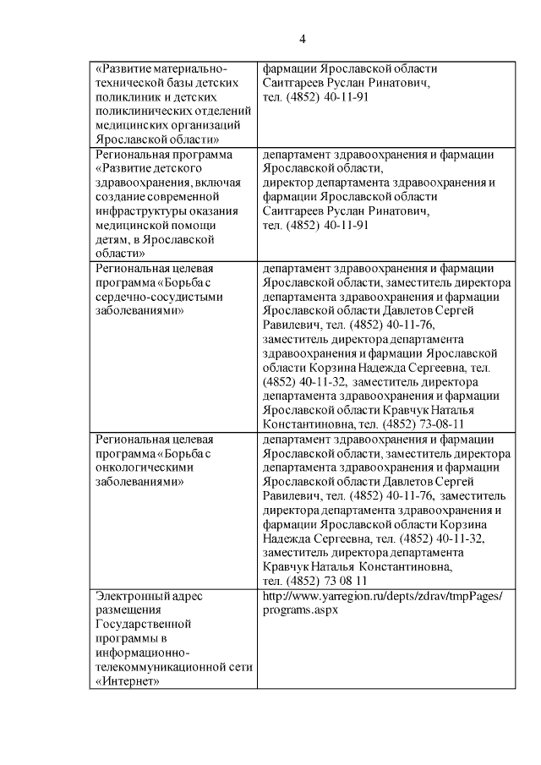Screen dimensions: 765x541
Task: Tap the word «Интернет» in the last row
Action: coord(128,683)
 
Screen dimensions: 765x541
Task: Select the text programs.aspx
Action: coord(300,609)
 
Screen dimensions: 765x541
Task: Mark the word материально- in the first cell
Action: coord(192,68)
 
